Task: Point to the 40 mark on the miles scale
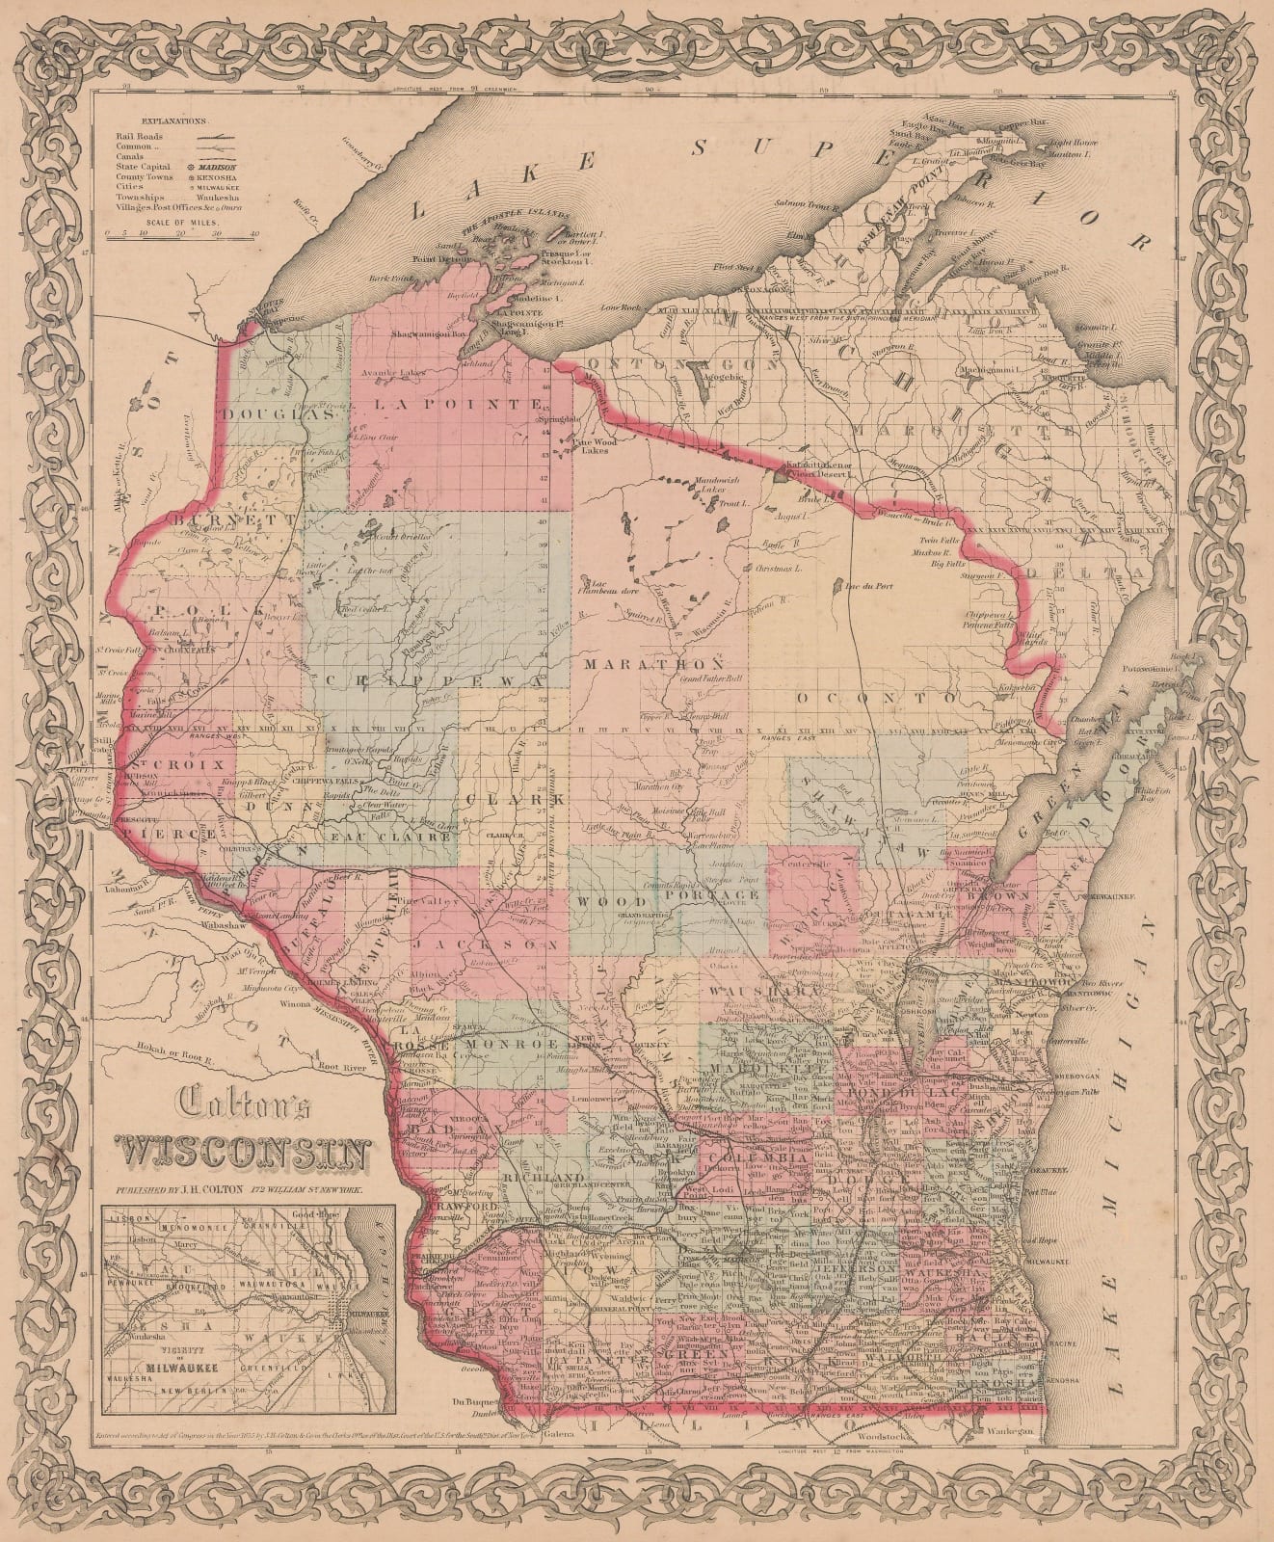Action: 254,232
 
